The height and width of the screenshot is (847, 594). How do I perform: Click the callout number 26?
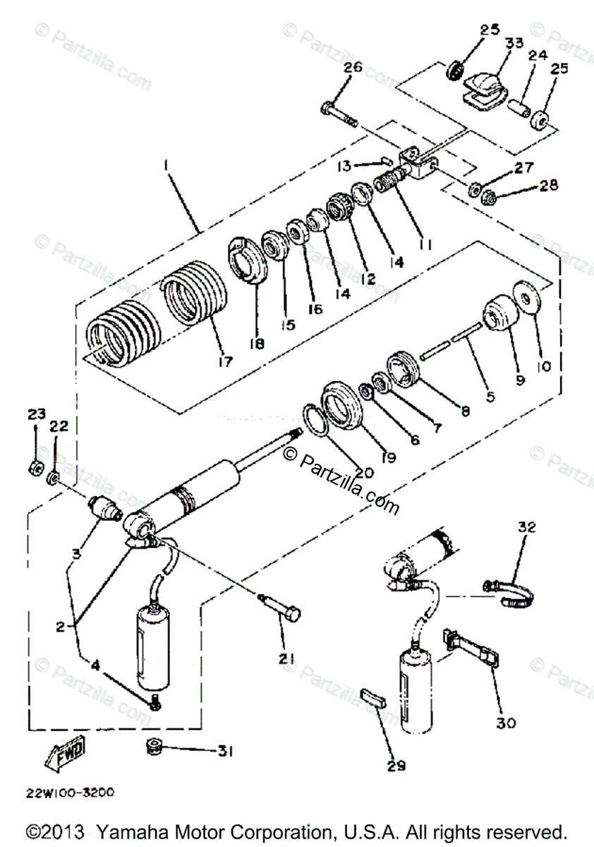pos(353,68)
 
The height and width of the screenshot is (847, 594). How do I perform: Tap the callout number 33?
pos(514,43)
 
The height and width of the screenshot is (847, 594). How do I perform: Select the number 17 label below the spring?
pos(225,361)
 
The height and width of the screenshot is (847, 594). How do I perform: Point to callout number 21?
pos(286,659)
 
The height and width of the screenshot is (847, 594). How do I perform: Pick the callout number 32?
pos(527,527)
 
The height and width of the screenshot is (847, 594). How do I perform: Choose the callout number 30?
pos(506,723)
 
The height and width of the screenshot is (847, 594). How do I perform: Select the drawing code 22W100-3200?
pos(70,793)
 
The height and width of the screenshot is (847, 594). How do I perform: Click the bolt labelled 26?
pos(339,115)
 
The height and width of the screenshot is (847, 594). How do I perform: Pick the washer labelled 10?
pos(527,297)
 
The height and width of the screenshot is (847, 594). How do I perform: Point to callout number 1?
pos(165,166)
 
